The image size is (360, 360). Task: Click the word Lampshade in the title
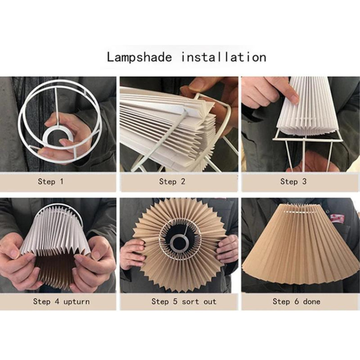click(x=139, y=57)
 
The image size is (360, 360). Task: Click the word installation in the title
click(x=224, y=57)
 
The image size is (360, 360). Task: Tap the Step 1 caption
click(x=51, y=182)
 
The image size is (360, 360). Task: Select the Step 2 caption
click(x=172, y=182)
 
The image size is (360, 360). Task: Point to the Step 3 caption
click(x=293, y=182)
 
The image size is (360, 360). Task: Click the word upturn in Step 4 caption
click(x=76, y=302)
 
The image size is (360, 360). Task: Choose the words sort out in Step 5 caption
click(x=199, y=302)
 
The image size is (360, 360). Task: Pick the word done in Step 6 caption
click(x=311, y=302)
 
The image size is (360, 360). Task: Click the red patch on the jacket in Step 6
click(x=337, y=218)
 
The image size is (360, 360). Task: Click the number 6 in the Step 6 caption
click(x=296, y=302)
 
